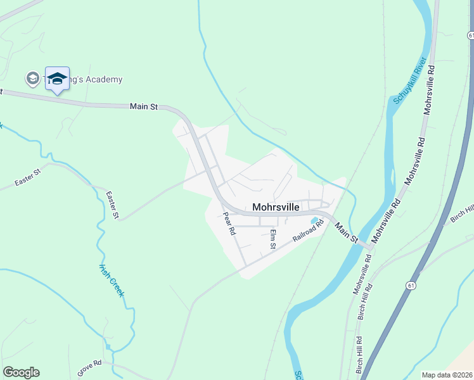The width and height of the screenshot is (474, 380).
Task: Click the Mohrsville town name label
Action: coord(276,206)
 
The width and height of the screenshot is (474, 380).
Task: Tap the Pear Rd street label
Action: coord(229,224)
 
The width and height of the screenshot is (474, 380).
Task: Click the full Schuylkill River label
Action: coord(408,81)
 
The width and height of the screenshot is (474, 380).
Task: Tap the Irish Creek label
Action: coord(112,280)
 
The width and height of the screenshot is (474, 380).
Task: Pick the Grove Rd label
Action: coord(89,369)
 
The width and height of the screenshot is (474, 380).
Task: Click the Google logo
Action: coord(21,372)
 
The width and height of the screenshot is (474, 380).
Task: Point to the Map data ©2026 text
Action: coord(446,375)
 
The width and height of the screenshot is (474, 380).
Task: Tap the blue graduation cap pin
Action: coord(57,79)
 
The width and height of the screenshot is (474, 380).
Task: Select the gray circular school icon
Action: coord(32,79)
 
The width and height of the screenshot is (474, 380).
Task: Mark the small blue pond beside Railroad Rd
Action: coord(314,221)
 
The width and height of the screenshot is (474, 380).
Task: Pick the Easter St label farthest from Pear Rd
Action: coord(28,178)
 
